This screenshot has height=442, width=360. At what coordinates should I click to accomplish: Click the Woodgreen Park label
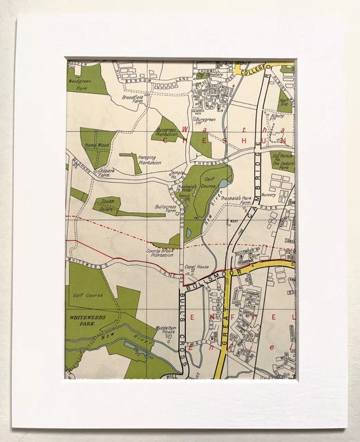pyautogui.click(x=79, y=84)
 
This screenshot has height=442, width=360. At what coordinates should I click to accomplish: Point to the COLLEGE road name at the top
pyautogui.click(x=253, y=68)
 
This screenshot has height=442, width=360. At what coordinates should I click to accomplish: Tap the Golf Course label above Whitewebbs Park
pyautogui.click(x=86, y=295)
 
